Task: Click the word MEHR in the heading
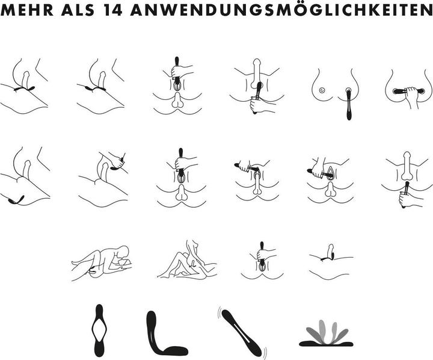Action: point(27,10)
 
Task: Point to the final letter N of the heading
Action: point(426,10)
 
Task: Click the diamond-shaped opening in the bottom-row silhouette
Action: point(99,331)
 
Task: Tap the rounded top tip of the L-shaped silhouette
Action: point(152,314)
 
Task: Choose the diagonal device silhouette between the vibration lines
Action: point(241,333)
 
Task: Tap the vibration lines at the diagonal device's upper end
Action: point(220,311)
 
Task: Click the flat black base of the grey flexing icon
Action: point(326,344)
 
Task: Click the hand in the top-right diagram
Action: point(411,96)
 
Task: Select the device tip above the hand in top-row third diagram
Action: point(177,61)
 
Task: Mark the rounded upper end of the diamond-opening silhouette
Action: point(99,309)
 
